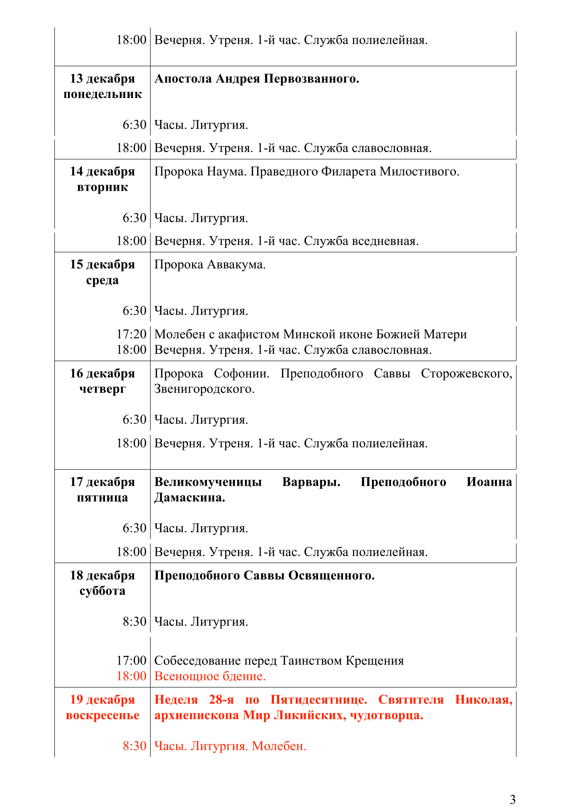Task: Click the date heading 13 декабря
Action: pyautogui.click(x=102, y=78)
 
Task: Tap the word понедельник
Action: pyautogui.click(x=102, y=94)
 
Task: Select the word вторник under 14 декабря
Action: pyautogui.click(x=102, y=187)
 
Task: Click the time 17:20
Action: pyautogui.click(x=131, y=334)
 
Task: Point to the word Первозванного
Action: pyautogui.click(x=311, y=78)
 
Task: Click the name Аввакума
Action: pyautogui.click(x=236, y=264)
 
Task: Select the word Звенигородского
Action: pyautogui.click(x=204, y=389)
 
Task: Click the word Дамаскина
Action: pyautogui.click(x=190, y=498)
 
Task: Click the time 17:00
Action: pyautogui.click(x=131, y=660)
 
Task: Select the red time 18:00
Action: pyautogui.click(x=131, y=676)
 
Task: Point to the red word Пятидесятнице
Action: pyautogui.click(x=319, y=699)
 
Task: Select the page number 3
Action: pyautogui.click(x=512, y=799)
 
